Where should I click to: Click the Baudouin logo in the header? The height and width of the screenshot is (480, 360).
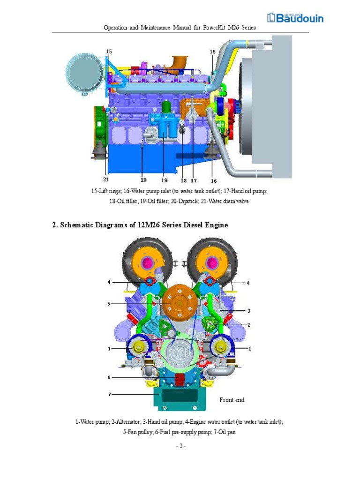tap(295, 18)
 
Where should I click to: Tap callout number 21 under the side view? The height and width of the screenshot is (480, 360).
tap(105, 179)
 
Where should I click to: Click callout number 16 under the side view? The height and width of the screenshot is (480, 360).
tap(213, 180)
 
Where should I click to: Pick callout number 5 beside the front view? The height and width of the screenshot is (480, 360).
tap(109, 304)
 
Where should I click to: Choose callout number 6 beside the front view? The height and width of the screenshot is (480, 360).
tap(109, 377)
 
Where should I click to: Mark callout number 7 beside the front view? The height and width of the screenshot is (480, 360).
tap(110, 394)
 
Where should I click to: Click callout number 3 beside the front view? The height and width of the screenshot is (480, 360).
tap(249, 310)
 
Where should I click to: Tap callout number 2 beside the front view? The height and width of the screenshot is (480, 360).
tap(249, 324)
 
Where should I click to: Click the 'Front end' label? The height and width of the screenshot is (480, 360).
tap(232, 400)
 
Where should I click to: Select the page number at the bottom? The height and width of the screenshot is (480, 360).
tap(180, 446)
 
